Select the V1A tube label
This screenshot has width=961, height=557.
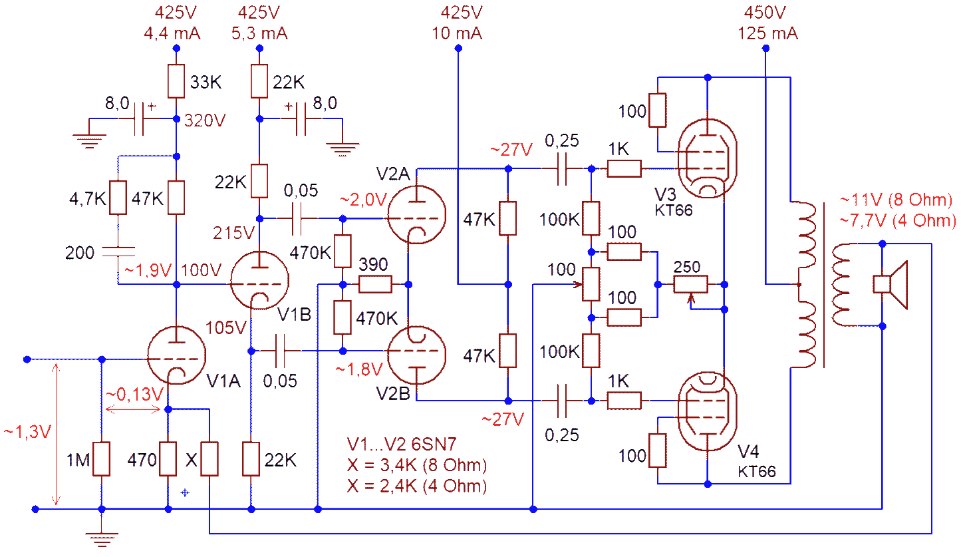tap(223, 381)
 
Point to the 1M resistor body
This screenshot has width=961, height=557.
tap(101, 459)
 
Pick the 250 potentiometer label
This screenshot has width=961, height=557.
tap(686, 267)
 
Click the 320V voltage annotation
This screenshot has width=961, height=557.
tap(205, 121)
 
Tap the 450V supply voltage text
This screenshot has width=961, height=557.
tap(766, 13)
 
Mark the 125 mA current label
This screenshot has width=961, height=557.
tap(767, 33)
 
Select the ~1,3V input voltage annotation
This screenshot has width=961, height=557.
tap(27, 432)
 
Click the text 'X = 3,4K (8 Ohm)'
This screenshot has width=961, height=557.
tap(417, 464)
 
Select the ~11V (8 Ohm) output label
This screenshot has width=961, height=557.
tap(897, 200)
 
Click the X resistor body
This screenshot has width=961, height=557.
tap(209, 459)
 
